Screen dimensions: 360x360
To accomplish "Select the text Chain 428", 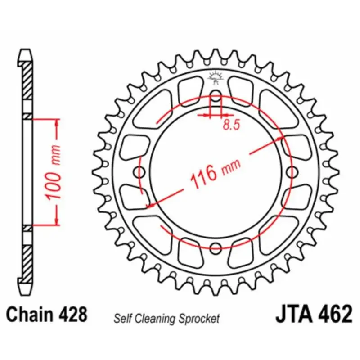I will coord(47,314).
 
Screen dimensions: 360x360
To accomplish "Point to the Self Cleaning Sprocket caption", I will coord(166,319).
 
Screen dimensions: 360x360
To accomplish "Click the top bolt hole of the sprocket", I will coord(216,96).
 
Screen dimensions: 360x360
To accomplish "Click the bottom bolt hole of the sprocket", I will coord(216,247).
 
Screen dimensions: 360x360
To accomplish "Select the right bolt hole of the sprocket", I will coord(292,172).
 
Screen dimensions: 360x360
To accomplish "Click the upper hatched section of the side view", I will coord(27,81).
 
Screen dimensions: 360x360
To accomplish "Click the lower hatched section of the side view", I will coord(27,261).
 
